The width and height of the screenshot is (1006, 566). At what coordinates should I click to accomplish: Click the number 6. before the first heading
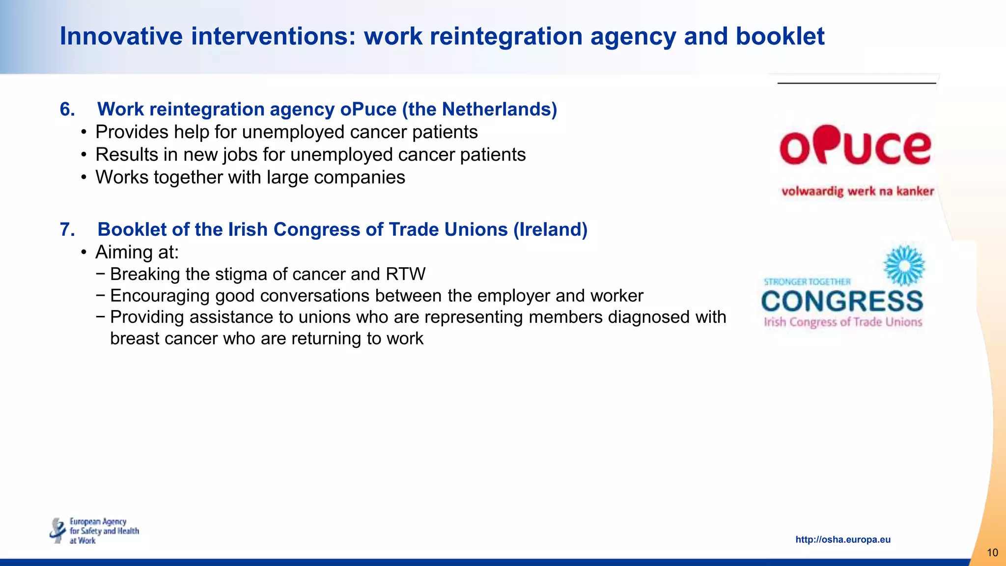[67, 109]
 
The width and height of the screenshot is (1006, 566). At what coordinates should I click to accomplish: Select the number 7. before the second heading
[67, 229]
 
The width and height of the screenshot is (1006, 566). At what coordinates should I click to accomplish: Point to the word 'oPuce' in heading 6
[368, 109]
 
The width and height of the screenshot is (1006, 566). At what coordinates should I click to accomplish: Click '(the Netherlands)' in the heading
[479, 109]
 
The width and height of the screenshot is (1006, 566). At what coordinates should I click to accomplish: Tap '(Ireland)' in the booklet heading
[550, 229]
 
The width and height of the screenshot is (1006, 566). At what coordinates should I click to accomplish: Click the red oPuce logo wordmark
[855, 146]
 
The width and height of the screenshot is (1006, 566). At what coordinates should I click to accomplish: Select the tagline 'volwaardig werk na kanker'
[857, 191]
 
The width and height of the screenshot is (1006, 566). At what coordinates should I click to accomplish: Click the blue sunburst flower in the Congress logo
[904, 266]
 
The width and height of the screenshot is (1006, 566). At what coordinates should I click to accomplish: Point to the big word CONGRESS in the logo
[842, 301]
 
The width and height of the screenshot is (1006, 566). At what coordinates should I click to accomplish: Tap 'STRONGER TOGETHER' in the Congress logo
[807, 282]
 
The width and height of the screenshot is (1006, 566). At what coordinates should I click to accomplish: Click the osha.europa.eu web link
[842, 539]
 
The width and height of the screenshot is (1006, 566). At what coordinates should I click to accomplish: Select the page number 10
[992, 553]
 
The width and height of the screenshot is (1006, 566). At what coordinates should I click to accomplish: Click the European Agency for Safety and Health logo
[94, 531]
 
